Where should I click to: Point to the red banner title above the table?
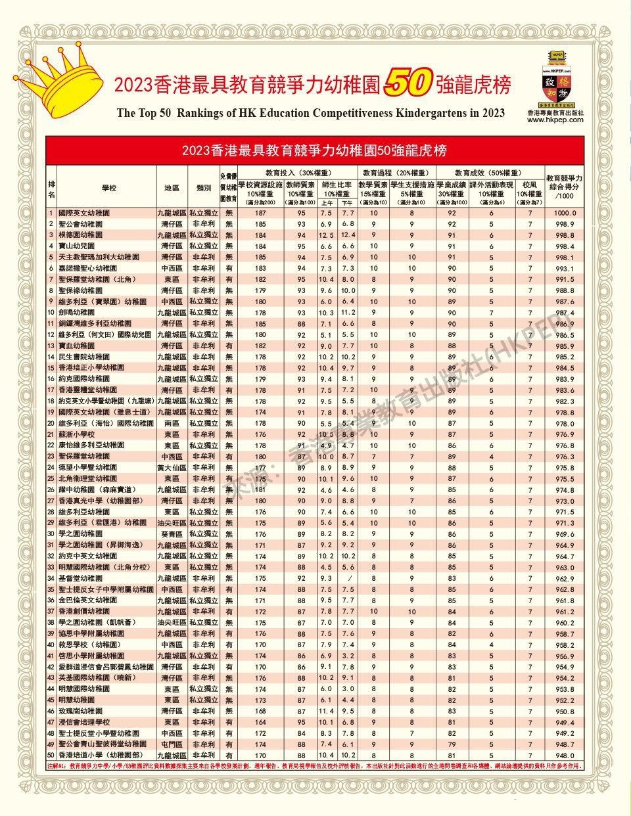point(315,150)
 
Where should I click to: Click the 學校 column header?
point(108,187)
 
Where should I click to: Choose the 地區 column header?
point(172,187)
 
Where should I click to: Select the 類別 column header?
point(203,187)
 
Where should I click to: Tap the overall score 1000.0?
point(564,214)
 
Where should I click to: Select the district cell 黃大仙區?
point(172,468)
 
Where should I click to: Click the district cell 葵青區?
point(172,534)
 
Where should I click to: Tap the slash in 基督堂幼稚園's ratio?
point(348,578)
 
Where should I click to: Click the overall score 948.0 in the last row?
point(564,755)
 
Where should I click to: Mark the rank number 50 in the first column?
point(51,755)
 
